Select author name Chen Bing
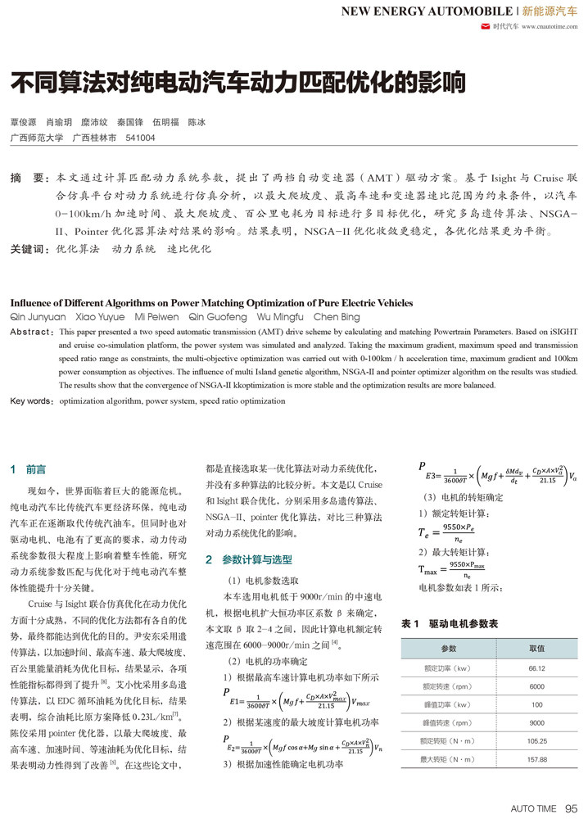click(337, 316)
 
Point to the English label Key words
click(31, 401)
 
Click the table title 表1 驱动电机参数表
click(450, 623)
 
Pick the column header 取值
click(536, 648)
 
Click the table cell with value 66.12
click(536, 667)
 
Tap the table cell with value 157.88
click(536, 759)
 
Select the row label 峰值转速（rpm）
click(448, 723)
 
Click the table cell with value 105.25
click(536, 741)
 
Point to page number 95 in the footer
click(572, 808)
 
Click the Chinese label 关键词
click(27, 248)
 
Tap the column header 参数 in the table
click(448, 648)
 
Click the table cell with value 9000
click(536, 723)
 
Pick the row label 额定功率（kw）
click(448, 667)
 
